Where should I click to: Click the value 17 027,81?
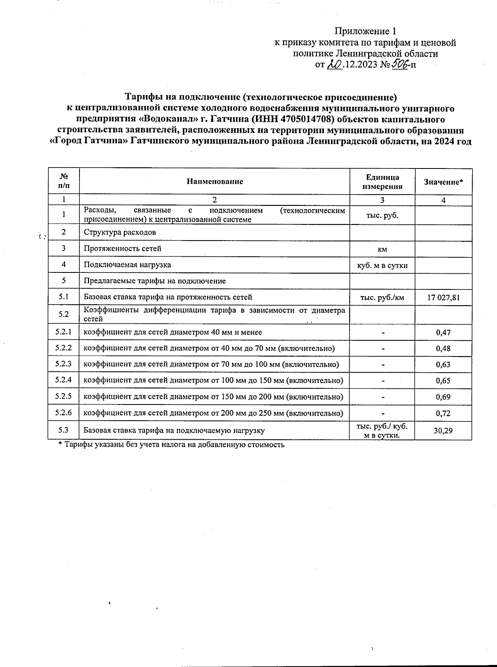[443, 297]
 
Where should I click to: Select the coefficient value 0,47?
[443, 332]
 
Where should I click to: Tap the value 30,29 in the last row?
[443, 431]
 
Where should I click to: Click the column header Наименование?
[215, 181]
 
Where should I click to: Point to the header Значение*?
[443, 182]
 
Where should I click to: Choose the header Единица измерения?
[382, 182]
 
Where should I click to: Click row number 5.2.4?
[63, 380]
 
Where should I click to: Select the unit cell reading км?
[382, 249]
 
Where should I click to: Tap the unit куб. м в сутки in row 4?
[382, 265]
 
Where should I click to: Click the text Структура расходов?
[120, 232]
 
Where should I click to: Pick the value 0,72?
[443, 413]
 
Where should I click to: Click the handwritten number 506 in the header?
[400, 64]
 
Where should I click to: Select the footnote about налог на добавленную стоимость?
[171, 445]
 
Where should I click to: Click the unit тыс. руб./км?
[382, 297]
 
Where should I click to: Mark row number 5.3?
[63, 430]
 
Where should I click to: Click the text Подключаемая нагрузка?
[127, 265]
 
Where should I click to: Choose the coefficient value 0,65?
[443, 381]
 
